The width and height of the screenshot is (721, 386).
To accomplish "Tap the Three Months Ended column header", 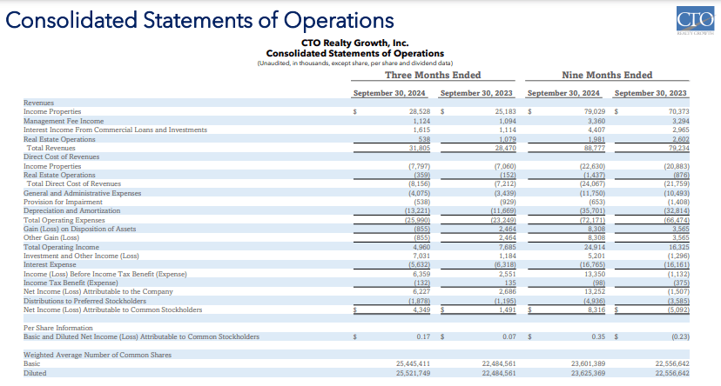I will (x=433, y=75).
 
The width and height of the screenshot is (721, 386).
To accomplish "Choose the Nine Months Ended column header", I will (x=607, y=75).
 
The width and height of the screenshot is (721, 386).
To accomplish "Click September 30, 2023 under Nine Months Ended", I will (x=650, y=93).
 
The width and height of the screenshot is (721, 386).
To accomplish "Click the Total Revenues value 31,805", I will (x=419, y=147).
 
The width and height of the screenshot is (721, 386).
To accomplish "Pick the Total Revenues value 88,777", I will (x=592, y=147).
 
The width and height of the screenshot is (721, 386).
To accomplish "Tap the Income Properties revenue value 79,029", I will (x=592, y=112).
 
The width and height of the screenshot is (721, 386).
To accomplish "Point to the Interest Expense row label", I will (x=51, y=265).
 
